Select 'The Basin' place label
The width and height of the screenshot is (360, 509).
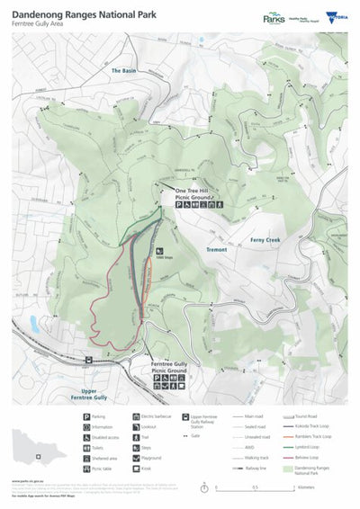click(x=124, y=69)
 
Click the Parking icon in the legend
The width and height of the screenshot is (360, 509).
click(x=87, y=417)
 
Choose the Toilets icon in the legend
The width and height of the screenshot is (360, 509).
click(x=87, y=443)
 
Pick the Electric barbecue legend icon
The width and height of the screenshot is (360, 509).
click(x=136, y=417)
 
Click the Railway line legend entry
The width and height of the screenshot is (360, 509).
click(x=244, y=469)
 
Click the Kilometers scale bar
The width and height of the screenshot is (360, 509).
click(x=256, y=487)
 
